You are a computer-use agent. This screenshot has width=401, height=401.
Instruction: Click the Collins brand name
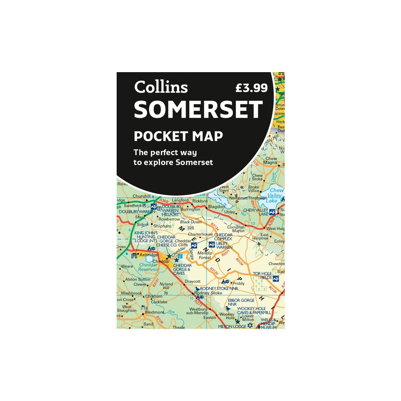161,87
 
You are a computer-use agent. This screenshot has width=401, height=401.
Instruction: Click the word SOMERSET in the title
198,110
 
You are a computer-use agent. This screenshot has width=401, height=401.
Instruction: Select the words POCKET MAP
178,136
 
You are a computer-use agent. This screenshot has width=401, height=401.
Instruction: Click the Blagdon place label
217,207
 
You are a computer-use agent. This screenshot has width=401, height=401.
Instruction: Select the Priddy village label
239,283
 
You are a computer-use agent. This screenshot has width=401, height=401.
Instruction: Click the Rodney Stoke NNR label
217,288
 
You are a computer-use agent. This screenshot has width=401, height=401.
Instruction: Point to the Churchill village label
141,196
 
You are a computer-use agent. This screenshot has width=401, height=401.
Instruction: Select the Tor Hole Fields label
262,275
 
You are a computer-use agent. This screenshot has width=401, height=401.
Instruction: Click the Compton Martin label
236,228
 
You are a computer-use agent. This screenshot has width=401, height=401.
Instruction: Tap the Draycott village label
192,282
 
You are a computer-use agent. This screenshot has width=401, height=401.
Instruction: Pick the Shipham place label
162,226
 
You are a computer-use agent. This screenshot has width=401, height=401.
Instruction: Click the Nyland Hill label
166,286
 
